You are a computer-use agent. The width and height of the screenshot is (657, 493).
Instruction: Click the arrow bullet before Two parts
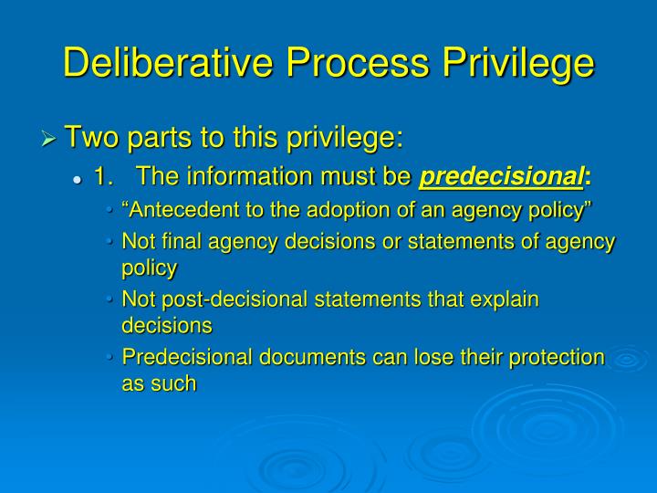tap(50, 140)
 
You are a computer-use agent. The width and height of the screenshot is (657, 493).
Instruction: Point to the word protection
tap(560, 357)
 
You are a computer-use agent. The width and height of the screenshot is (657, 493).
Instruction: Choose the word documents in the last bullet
tap(304, 357)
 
